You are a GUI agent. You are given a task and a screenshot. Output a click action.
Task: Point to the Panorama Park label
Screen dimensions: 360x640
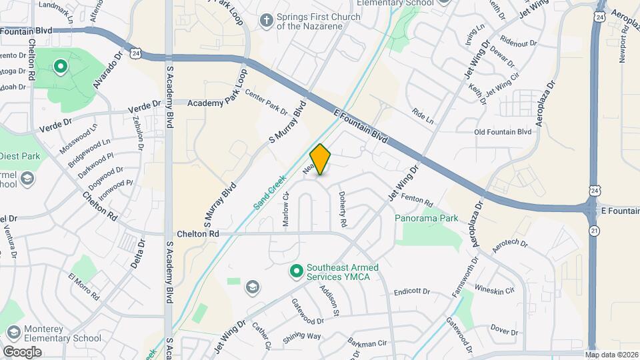pyautogui.click(x=427, y=218)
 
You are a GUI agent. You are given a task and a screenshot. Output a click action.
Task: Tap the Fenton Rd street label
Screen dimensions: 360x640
pyautogui.click(x=419, y=199)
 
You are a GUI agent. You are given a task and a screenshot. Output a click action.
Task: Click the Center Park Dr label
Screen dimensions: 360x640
pyautogui.click(x=265, y=102)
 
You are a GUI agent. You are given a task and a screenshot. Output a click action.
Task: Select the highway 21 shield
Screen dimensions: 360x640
pyautogui.click(x=594, y=230)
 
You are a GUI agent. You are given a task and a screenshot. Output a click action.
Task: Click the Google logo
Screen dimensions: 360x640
pyautogui.click(x=22, y=351)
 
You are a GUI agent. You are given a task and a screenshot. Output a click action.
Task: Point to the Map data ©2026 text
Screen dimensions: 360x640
pyautogui.click(x=611, y=354)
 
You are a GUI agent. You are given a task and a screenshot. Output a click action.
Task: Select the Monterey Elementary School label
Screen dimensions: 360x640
pyautogui.click(x=63, y=333)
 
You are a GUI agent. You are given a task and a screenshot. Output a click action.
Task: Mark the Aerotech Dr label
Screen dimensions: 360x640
pyautogui.click(x=509, y=247)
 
